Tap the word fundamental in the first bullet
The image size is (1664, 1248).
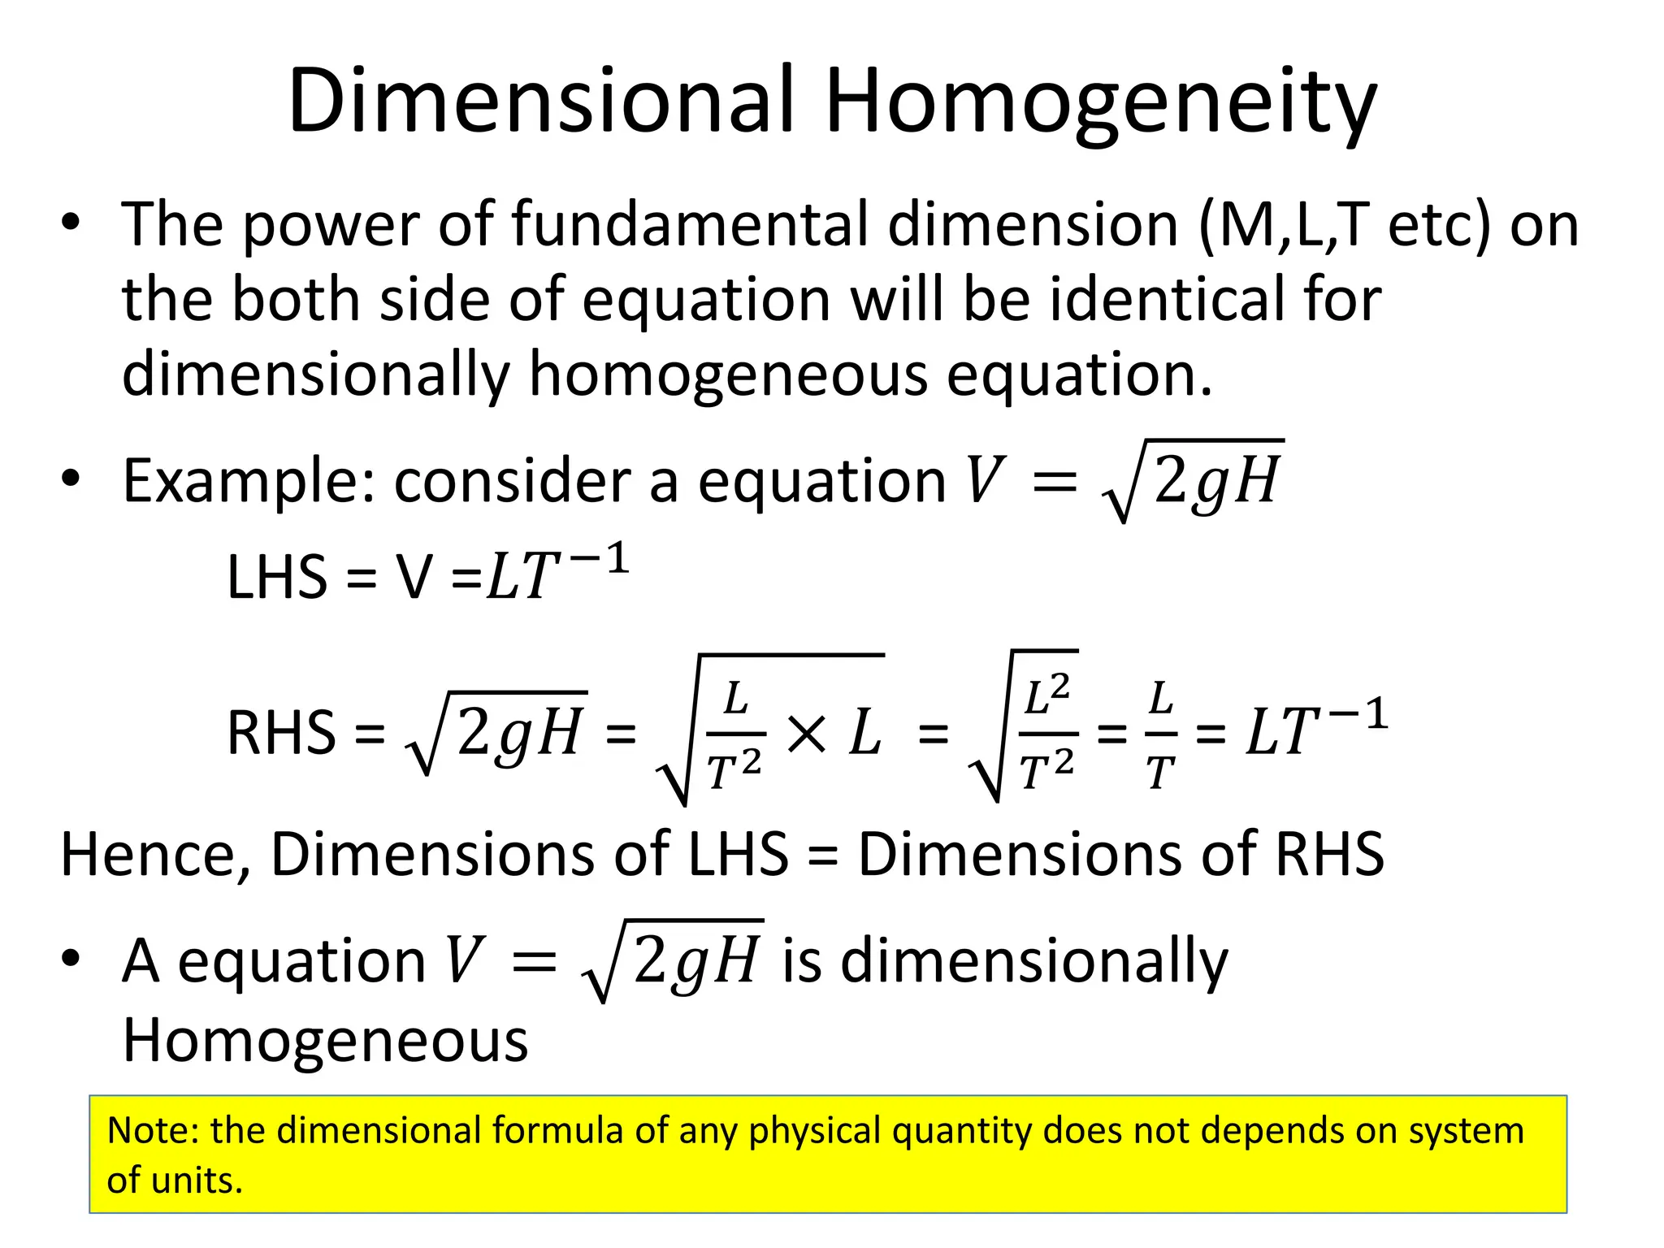[x=690, y=224]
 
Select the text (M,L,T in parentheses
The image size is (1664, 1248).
[x=1284, y=224]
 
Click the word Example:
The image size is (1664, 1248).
[x=249, y=481]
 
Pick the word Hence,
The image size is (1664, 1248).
[x=155, y=856]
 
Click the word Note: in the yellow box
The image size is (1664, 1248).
[x=154, y=1130]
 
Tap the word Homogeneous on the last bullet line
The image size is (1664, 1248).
[x=325, y=1040]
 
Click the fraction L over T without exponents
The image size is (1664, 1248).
[x=1160, y=734]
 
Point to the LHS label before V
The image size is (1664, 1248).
[x=276, y=577]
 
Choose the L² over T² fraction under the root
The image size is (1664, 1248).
[x=1047, y=734]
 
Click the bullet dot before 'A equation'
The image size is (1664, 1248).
[x=71, y=960]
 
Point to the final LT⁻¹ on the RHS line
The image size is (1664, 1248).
[x=1316, y=730]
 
